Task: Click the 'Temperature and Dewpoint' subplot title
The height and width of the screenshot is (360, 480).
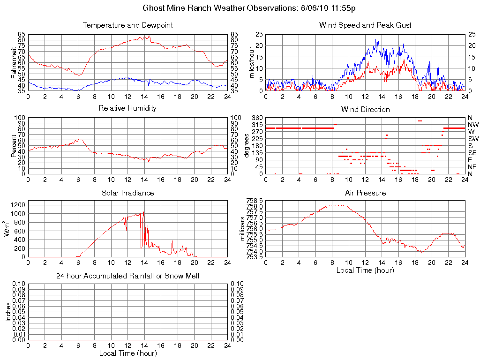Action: click(x=127, y=25)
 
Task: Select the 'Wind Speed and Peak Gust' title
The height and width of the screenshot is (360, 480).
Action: click(x=365, y=25)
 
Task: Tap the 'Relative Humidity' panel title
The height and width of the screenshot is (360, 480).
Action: click(x=127, y=108)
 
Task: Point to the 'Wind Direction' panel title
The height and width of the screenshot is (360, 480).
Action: click(x=365, y=109)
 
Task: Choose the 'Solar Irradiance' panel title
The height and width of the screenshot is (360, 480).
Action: click(x=127, y=193)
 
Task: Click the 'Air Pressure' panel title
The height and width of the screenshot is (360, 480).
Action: click(x=365, y=193)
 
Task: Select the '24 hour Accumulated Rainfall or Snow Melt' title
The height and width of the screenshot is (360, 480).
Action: click(x=127, y=276)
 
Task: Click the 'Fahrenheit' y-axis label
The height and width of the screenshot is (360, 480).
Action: click(x=14, y=62)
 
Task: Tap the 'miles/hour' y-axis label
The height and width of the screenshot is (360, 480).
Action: click(x=251, y=62)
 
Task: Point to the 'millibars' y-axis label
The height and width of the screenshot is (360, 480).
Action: click(x=243, y=228)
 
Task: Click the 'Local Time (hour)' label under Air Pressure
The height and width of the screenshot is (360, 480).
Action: click(x=365, y=270)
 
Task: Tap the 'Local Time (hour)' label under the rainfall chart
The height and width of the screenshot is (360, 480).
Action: click(x=127, y=353)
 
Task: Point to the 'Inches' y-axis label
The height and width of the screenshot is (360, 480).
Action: click(x=8, y=312)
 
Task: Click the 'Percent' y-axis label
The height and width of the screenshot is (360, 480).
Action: click(x=14, y=146)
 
